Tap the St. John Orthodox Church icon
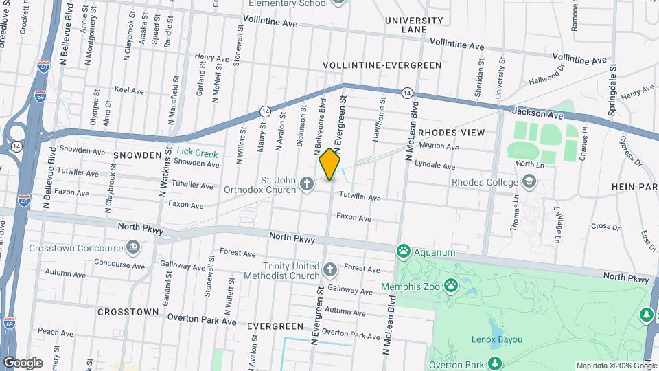[x=307, y=184]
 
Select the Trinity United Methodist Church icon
[x=329, y=269]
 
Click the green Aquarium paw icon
[x=402, y=252]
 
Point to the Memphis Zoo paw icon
[x=450, y=284]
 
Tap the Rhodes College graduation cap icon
[x=529, y=182]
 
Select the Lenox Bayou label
[x=497, y=339]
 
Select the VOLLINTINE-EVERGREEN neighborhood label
[x=382, y=65]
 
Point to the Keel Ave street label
[x=128, y=90]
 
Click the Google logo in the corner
[x=23, y=362]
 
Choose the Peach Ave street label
[x=56, y=331]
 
